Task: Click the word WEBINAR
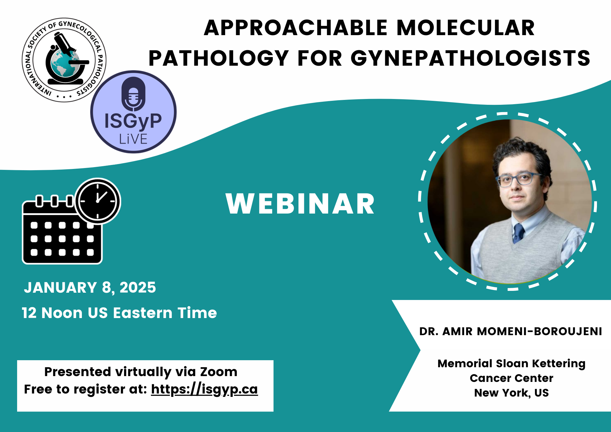pyautogui.click(x=300, y=204)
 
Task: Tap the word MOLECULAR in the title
pyautogui.click(x=466, y=28)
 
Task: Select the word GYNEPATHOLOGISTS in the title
pyautogui.click(x=470, y=58)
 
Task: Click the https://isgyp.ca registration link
pyautogui.click(x=204, y=390)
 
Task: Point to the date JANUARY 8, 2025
pyautogui.click(x=90, y=287)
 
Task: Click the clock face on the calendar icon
pyautogui.click(x=98, y=201)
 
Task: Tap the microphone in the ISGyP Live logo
pyautogui.click(x=134, y=94)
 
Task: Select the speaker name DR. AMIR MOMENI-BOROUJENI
pyautogui.click(x=510, y=331)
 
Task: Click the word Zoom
pyautogui.click(x=219, y=372)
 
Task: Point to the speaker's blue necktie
pyautogui.click(x=518, y=233)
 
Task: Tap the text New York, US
pyautogui.click(x=511, y=393)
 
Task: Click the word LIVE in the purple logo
pyautogui.click(x=133, y=139)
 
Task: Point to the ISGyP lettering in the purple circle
pyautogui.click(x=133, y=121)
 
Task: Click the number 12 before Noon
pyautogui.click(x=29, y=313)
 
